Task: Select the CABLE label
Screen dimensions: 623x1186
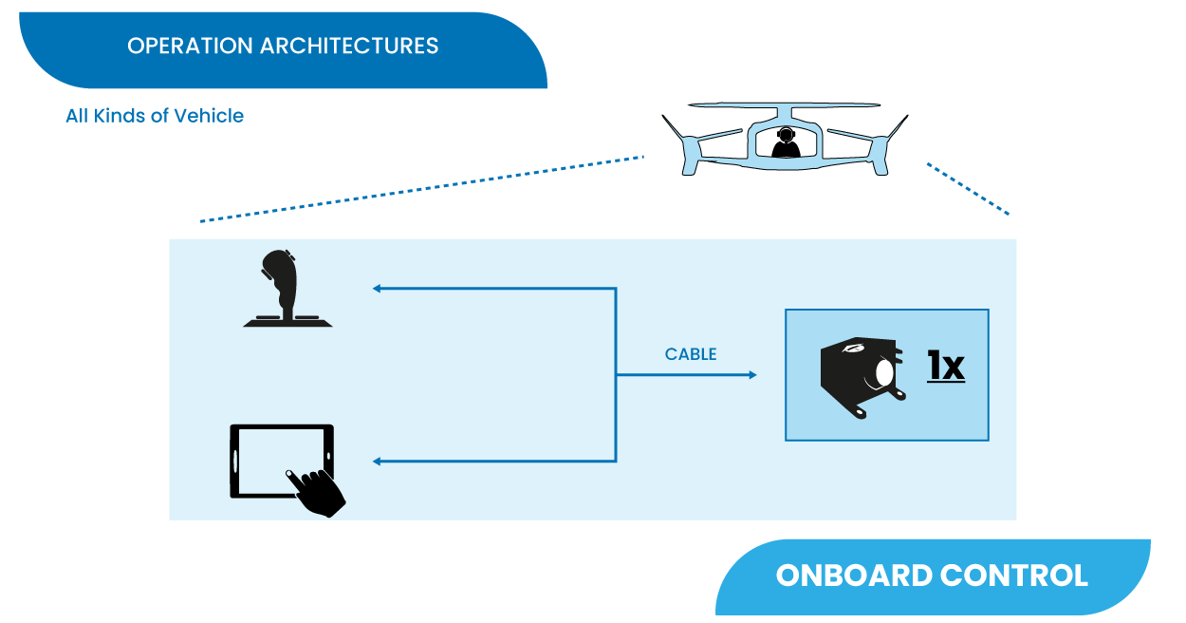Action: click(691, 354)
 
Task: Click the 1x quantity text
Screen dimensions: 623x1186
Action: click(945, 367)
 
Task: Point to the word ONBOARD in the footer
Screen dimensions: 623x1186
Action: click(851, 576)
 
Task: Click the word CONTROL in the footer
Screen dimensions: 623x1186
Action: click(1012, 576)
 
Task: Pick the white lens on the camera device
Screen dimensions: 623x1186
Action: click(885, 373)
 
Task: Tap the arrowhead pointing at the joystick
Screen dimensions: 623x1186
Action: click(377, 288)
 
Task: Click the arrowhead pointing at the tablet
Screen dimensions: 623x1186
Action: click(377, 462)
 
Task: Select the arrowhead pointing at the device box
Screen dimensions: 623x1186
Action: click(752, 375)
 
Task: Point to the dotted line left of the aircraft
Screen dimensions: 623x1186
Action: click(422, 188)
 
